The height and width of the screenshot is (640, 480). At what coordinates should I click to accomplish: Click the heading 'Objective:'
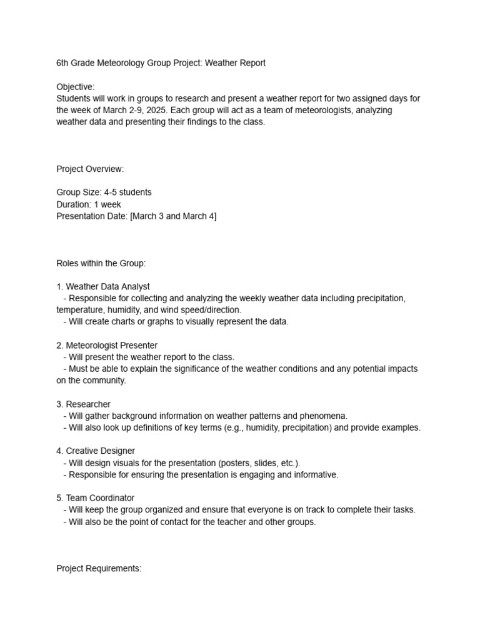pyautogui.click(x=76, y=87)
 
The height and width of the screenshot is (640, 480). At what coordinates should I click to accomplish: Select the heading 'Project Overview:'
pyautogui.click(x=90, y=169)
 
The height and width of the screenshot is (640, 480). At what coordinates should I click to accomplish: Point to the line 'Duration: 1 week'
pyautogui.click(x=89, y=204)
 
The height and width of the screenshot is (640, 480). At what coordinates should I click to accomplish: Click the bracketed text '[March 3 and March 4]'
pyautogui.click(x=173, y=216)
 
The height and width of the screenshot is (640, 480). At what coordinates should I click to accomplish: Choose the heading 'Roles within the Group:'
pyautogui.click(x=101, y=263)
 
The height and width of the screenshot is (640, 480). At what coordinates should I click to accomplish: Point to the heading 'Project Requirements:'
pyautogui.click(x=99, y=569)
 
